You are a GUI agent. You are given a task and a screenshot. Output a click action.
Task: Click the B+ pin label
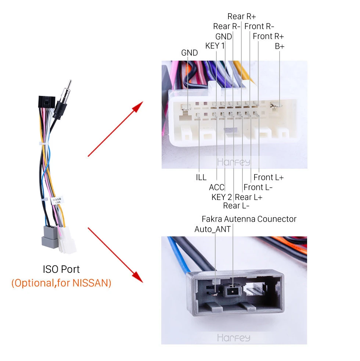[280, 46]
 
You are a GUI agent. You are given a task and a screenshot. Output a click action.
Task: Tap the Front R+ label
[268, 36]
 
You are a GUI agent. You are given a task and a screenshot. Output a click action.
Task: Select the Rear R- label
[227, 26]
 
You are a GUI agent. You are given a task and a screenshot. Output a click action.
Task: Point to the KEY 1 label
[215, 46]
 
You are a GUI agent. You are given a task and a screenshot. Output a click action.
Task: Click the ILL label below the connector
[201, 178]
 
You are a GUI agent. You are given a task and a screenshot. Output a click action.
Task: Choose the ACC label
[216, 187]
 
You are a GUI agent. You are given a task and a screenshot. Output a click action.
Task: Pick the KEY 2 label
[222, 197]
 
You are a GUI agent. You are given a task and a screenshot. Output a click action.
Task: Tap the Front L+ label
[269, 178]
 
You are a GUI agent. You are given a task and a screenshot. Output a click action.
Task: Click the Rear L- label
[237, 206]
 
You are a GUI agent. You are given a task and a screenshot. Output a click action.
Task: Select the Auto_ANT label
[213, 229]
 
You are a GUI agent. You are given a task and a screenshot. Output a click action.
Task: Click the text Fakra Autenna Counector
[249, 219]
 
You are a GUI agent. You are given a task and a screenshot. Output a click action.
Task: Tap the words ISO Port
[61, 269]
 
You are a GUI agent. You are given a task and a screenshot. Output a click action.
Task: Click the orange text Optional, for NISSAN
[61, 283]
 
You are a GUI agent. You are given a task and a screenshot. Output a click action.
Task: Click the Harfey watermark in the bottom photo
[234, 337]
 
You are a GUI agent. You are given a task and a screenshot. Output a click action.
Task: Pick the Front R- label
[259, 26]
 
